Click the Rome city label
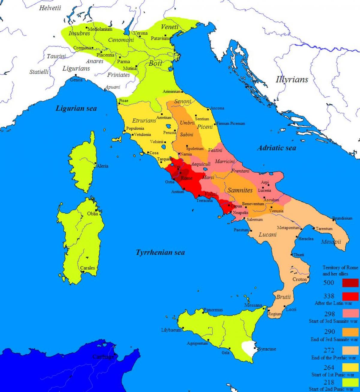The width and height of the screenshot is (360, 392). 186,178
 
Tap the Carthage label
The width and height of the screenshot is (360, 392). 103,357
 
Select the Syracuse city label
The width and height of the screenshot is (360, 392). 267,349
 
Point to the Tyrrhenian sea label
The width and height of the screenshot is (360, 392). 160,252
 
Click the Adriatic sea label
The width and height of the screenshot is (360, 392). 276,147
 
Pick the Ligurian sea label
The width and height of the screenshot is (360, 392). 76,108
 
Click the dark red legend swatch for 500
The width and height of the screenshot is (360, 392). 350,283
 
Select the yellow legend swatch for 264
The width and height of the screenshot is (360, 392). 350,367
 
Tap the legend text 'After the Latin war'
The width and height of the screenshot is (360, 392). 333,303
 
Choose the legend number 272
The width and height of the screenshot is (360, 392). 329,350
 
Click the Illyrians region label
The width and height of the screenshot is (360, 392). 292,80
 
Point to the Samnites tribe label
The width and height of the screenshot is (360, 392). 240,190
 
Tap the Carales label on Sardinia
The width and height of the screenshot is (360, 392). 87,268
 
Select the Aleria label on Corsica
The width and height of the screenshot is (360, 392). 102,166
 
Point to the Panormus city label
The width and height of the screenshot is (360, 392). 213,310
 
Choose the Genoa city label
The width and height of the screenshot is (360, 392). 76,80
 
